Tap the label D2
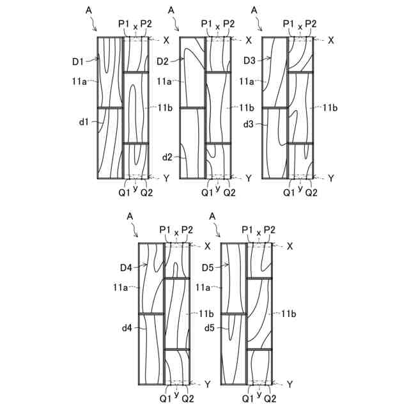coord(162,61)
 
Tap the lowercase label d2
coord(167,157)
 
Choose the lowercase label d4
coord(126,328)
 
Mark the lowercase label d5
coord(208,328)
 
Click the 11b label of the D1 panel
coord(165,107)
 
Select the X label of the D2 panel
coord(249,40)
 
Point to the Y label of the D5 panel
coord(289,384)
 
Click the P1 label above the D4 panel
coord(165,230)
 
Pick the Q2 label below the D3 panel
coord(311,190)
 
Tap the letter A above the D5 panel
coord(212,217)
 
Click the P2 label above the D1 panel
coord(146,24)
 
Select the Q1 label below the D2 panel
coord(206,190)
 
